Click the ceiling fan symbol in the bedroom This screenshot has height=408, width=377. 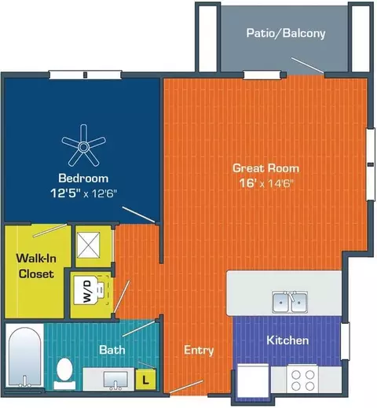click(x=83, y=147)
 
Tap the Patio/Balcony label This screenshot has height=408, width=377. click(x=286, y=33)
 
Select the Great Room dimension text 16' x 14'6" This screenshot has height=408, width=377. click(x=266, y=183)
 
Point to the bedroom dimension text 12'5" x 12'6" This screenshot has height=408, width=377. click(x=83, y=193)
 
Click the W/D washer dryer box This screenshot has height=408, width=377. click(x=87, y=290)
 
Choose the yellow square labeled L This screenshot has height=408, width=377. click(x=146, y=379)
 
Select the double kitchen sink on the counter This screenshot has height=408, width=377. click(x=289, y=302)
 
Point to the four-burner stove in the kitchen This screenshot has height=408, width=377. click(x=302, y=379)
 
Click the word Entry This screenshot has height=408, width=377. click(x=199, y=351)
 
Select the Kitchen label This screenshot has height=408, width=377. click(x=287, y=340)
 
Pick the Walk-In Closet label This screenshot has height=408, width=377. click(x=36, y=266)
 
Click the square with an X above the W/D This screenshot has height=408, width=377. click(x=89, y=245)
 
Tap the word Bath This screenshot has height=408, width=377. click(x=112, y=350)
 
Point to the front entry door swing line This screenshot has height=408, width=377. click(x=186, y=387)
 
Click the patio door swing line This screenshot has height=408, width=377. click(x=307, y=65)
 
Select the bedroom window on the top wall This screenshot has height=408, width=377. click(x=86, y=75)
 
